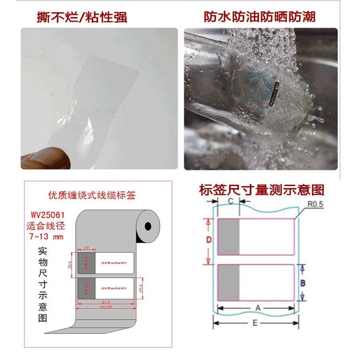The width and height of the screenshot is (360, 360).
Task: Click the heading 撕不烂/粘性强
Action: (82, 18)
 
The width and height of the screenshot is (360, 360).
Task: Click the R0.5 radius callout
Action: (314, 204)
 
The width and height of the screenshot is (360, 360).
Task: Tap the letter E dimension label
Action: (255, 323)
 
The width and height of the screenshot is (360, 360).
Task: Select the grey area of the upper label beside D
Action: (229, 237)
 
